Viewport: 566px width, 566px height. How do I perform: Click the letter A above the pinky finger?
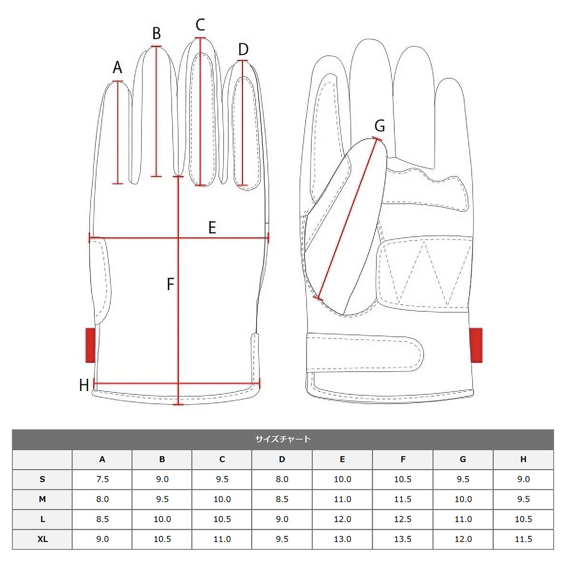pyautogui.click(x=117, y=67)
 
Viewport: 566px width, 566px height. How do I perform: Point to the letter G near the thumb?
pyautogui.click(x=380, y=126)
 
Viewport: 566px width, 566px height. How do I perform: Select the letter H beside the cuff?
pyautogui.click(x=84, y=385)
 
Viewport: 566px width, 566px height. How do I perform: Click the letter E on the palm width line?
pyautogui.click(x=212, y=228)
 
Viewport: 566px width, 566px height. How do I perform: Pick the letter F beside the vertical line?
pyautogui.click(x=170, y=284)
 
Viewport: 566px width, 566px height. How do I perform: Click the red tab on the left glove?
pyautogui.click(x=91, y=345)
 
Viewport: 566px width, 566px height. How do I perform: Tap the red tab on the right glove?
pyautogui.click(x=476, y=345)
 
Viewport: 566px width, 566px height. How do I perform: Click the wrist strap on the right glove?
pyautogui.click(x=365, y=352)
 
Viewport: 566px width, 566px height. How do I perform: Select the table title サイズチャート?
pyautogui.click(x=283, y=439)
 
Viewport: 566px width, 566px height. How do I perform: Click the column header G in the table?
pyautogui.click(x=463, y=459)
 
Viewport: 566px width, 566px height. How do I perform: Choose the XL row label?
pyautogui.click(x=42, y=539)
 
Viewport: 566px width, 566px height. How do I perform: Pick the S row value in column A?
pyautogui.click(x=102, y=479)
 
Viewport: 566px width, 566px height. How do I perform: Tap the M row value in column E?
pyautogui.click(x=342, y=499)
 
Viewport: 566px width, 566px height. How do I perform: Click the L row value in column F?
pyautogui.click(x=403, y=519)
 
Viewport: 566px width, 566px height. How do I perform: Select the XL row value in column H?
pyautogui.click(x=524, y=539)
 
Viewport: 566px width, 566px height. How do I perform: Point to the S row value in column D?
pyautogui.click(x=282, y=479)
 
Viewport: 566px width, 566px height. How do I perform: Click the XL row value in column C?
pyautogui.click(x=222, y=539)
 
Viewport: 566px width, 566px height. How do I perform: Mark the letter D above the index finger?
pyautogui.click(x=243, y=50)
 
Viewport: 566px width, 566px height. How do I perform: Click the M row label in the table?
pyautogui.click(x=42, y=499)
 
